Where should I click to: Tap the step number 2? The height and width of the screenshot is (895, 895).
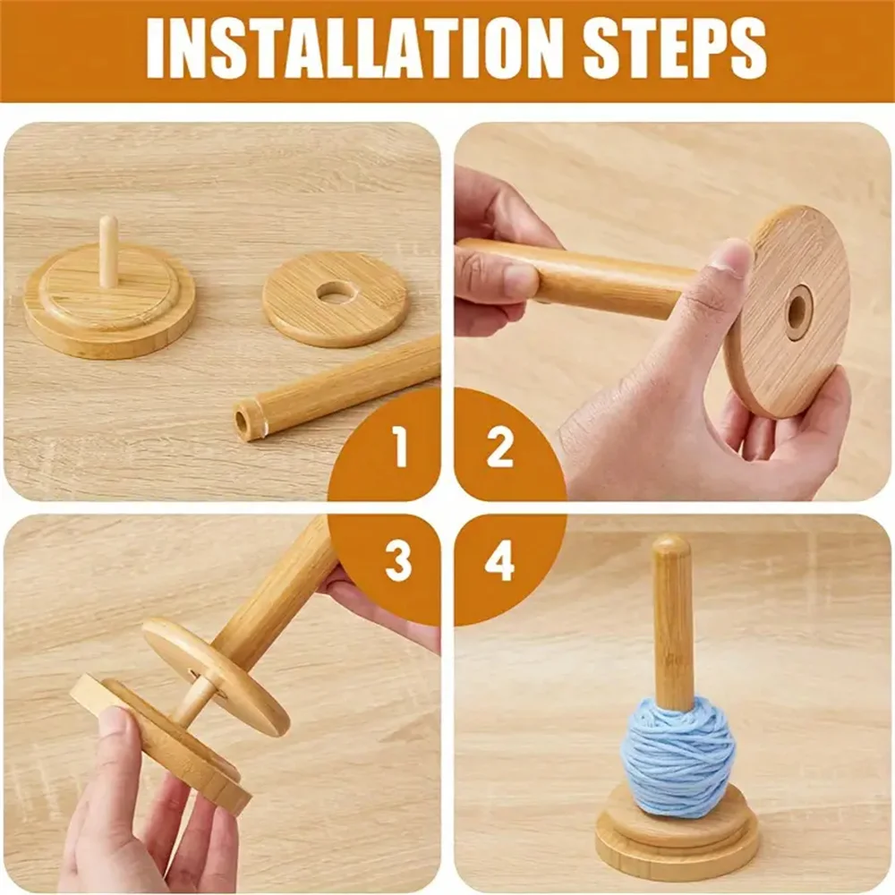click(x=499, y=448)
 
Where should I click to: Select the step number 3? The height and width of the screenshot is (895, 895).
click(x=398, y=560)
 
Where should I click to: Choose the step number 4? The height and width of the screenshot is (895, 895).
click(x=500, y=560)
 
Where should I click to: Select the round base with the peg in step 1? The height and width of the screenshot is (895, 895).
click(x=109, y=302)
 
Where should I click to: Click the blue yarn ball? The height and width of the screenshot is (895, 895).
click(x=679, y=753)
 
